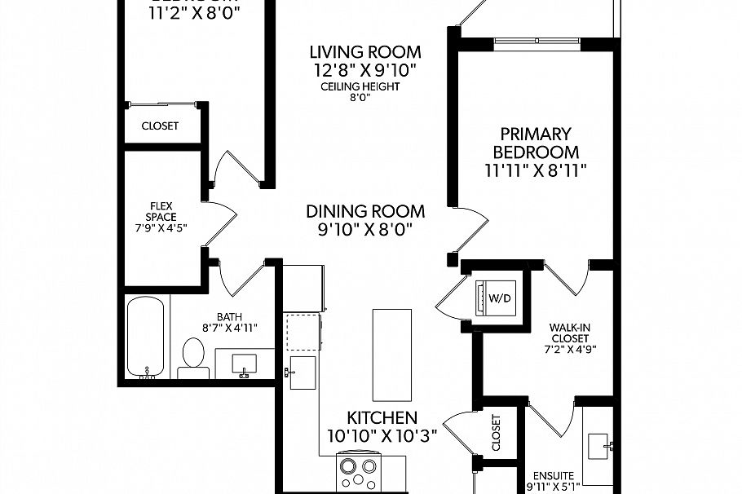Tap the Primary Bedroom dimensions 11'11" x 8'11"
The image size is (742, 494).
(535, 170)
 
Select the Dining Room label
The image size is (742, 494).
(365, 211)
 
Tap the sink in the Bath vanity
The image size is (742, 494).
(244, 364)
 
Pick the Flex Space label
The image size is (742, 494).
(161, 211)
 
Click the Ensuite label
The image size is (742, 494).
(554, 475)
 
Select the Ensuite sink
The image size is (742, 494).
(599, 444)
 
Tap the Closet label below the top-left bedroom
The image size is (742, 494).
(160, 126)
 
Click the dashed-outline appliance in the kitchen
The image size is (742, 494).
(304, 330)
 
